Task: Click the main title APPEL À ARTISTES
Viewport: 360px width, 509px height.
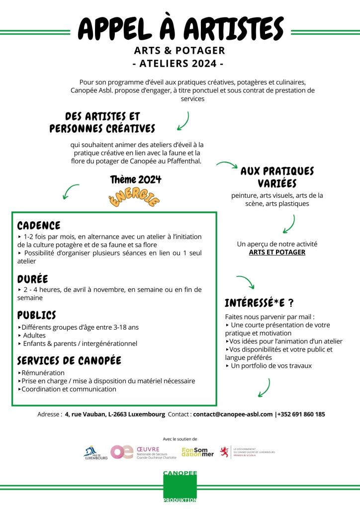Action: (x=180, y=29)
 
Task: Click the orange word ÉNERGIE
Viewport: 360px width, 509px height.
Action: (x=134, y=197)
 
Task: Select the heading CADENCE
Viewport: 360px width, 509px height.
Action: (x=39, y=226)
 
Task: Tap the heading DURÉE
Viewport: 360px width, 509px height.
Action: (x=33, y=279)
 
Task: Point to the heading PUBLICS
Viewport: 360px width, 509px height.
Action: (x=37, y=315)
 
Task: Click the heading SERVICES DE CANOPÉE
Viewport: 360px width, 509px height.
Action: (x=69, y=360)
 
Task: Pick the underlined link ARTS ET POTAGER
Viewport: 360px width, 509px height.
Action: (x=277, y=252)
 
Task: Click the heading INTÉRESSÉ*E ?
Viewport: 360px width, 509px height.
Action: (x=259, y=303)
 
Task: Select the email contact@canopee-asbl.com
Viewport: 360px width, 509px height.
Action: (x=233, y=414)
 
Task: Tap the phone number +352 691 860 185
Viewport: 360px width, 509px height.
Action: (x=301, y=414)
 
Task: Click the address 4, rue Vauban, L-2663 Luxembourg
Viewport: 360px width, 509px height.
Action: (x=115, y=414)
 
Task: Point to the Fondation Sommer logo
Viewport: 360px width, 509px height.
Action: (x=197, y=452)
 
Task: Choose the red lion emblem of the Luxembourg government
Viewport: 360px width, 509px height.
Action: (x=225, y=451)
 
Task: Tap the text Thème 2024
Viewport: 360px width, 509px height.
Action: (x=136, y=179)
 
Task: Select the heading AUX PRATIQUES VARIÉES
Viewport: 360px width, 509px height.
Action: (x=277, y=177)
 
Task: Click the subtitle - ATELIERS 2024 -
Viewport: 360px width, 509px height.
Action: (x=180, y=64)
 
